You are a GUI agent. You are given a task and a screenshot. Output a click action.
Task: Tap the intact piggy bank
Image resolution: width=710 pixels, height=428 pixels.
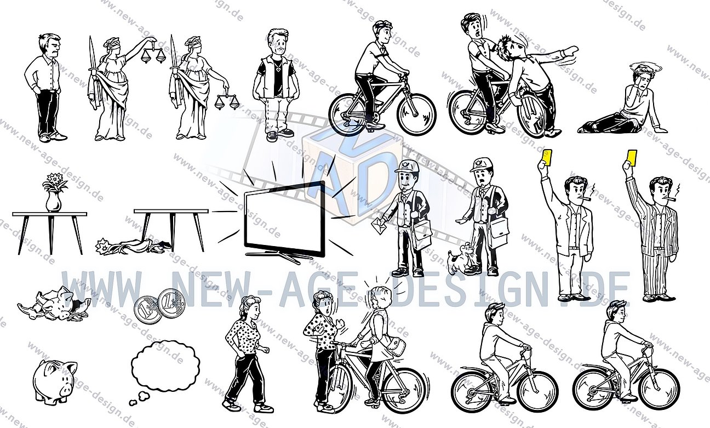pos(54,379)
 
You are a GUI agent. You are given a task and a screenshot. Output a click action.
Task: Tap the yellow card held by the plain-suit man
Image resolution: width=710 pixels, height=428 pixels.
pos(546,158)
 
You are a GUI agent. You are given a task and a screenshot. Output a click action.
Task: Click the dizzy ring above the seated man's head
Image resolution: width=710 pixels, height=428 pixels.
pos(646,67)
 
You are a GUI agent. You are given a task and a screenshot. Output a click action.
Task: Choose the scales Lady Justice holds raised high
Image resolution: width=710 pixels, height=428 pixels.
pos(153,54)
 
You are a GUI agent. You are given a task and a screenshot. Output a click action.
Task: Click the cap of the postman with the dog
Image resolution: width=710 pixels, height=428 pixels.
pos(480,164)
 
